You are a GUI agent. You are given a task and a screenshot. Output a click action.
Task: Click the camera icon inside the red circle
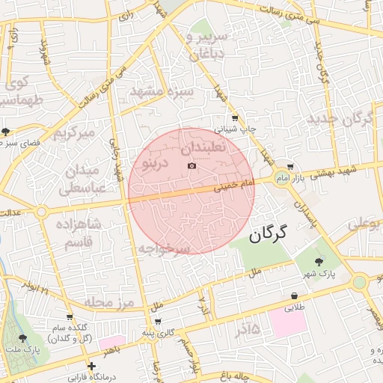coord(191,165)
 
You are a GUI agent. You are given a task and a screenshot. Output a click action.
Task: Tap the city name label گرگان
coord(269,233)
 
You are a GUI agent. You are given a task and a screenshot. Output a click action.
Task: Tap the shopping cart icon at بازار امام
coord(290,168)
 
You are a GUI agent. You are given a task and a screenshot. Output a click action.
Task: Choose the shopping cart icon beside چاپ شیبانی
coord(235,117)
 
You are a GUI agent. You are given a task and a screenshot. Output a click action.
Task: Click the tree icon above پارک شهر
coord(319,261)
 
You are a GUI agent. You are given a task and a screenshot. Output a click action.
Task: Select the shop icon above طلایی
coord(295,296)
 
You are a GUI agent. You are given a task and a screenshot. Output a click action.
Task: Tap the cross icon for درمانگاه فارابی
coord(91,366)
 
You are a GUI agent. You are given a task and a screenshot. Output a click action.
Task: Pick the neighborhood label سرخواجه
coord(165,248)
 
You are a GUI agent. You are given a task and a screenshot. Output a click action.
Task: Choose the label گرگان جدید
coord(343,119)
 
